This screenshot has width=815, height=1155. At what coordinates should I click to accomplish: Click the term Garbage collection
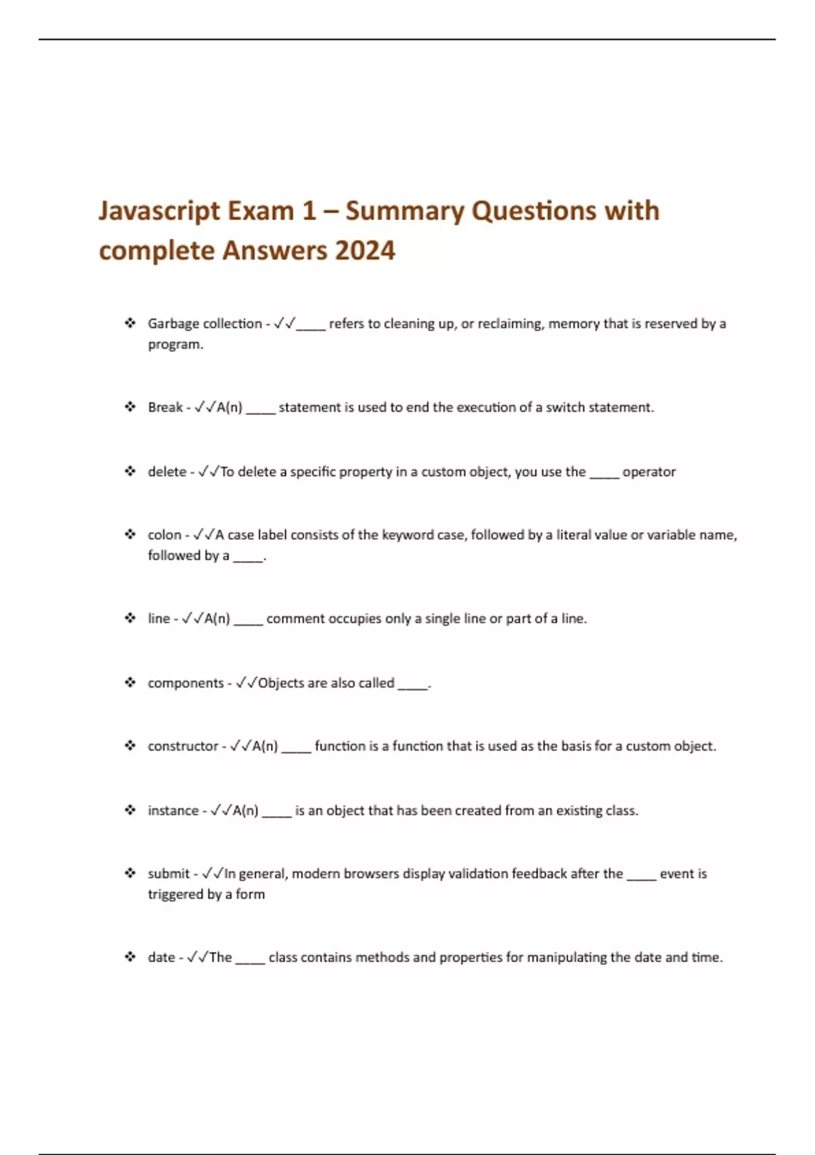tap(204, 324)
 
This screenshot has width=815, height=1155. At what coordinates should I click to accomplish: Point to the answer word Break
tap(165, 408)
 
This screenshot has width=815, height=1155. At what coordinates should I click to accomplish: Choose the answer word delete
tap(166, 472)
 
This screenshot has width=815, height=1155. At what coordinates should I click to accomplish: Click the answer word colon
tap(164, 535)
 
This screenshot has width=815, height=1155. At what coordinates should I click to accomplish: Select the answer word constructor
tap(183, 746)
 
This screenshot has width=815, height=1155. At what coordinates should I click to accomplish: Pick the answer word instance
tap(173, 811)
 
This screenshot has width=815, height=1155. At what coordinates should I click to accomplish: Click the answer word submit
tap(168, 874)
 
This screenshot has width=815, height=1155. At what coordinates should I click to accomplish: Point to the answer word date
tap(161, 957)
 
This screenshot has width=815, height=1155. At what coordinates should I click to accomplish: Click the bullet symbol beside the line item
tap(130, 618)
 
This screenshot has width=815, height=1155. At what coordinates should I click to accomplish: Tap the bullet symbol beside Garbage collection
tap(130, 323)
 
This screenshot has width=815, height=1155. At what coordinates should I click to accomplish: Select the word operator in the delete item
tap(649, 472)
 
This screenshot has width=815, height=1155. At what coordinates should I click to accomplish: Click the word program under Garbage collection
tap(175, 344)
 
